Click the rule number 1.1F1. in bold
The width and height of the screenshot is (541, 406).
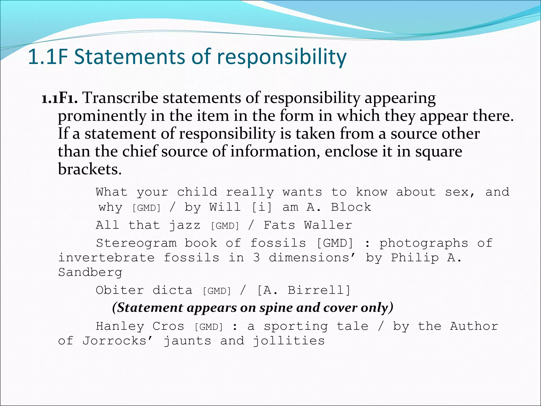click(60, 98)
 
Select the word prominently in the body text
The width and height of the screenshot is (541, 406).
click(102, 116)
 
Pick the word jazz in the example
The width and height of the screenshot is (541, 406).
click(185, 225)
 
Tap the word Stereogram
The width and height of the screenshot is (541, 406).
click(136, 243)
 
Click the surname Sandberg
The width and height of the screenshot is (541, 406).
click(90, 273)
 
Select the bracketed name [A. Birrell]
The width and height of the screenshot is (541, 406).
click(304, 290)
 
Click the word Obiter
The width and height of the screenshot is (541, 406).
click(120, 290)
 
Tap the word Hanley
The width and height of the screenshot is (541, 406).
click(120, 326)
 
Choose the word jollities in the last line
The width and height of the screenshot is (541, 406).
click(289, 341)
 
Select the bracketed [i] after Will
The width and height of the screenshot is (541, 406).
click(262, 207)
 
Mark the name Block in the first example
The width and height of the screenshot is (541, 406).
click(351, 207)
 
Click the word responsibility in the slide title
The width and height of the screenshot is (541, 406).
click(282, 57)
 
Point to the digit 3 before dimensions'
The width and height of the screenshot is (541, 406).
click(256, 258)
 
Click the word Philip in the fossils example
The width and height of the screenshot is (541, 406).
click(415, 258)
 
